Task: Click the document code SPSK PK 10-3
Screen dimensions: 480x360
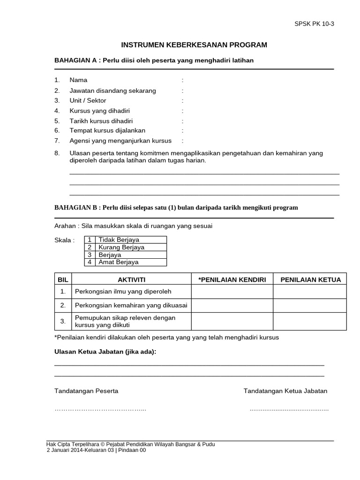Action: pos(314,24)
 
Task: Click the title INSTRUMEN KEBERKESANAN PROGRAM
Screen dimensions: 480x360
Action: pos(194,45)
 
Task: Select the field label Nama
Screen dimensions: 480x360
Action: pos(78,80)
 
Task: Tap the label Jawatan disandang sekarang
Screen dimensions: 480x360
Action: pos(112,90)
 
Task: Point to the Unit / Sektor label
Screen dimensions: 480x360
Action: pos(88,101)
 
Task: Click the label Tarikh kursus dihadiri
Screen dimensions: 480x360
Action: pos(101,120)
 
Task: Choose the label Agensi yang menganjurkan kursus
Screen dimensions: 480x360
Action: pos(120,141)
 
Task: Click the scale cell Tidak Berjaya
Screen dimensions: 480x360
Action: pos(119,240)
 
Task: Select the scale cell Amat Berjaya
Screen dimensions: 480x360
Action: pos(119,262)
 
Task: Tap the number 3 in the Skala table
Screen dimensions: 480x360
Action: pos(90,255)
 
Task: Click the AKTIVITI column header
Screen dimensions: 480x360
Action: pos(131,280)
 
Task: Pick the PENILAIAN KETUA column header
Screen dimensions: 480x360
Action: pos(310,280)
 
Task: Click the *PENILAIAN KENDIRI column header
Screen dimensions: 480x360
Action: pos(232,280)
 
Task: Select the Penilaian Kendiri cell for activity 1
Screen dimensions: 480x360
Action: pos(232,292)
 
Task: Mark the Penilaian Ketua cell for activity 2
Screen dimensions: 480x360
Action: pos(310,306)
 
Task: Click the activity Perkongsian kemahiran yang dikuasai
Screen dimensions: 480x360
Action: pos(131,306)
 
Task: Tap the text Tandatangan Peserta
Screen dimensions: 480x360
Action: pos(86,391)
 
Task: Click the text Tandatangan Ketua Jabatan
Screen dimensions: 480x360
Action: pos(285,391)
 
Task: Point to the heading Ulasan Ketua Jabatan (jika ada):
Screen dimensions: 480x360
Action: pos(105,352)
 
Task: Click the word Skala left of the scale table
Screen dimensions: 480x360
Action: pos(65,240)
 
